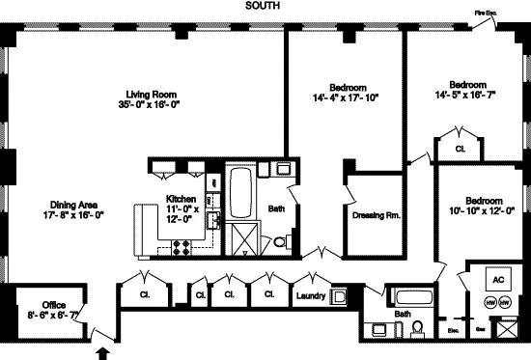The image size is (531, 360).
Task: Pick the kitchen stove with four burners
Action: pos(181,249)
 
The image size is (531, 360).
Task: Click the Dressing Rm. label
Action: pos(376,214)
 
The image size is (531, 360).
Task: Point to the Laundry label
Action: pos(311,295)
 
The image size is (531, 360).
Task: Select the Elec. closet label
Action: pos(454,329)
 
